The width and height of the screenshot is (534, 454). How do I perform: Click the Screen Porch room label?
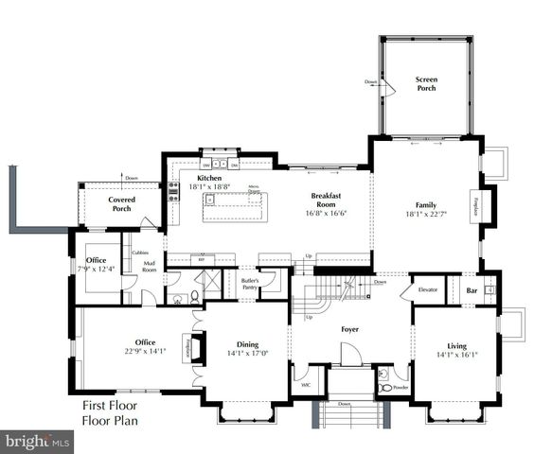click(426, 84)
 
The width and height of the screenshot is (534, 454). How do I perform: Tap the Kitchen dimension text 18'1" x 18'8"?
click(209, 187)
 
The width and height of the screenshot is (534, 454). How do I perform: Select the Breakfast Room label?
click(325, 201)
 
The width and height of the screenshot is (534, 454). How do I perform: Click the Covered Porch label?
click(121, 203)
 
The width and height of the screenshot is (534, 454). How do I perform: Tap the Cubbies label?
click(139, 253)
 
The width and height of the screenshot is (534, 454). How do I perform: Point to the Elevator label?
click(427, 289)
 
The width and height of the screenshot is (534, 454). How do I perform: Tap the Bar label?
click(472, 289)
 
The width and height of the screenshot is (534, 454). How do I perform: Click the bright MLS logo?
click(38, 440)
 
